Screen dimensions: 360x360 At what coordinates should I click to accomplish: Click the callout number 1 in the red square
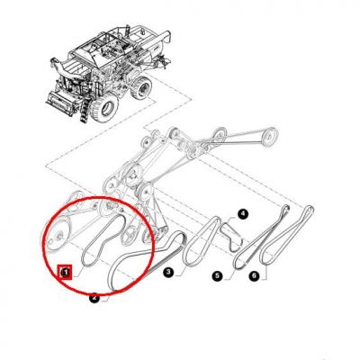pyautogui.click(x=65, y=273)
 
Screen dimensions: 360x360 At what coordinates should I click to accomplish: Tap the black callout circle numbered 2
pyautogui.click(x=94, y=298)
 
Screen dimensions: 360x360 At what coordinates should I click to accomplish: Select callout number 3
pyautogui.click(x=168, y=273)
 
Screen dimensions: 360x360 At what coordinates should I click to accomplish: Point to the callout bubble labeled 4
pyautogui.click(x=243, y=214)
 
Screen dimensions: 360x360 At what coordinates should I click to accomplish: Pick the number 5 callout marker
pyautogui.click(x=218, y=275)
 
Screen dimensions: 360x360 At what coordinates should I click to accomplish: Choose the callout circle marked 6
pyautogui.click(x=254, y=275)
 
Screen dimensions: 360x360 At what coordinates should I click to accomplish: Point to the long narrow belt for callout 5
pyautogui.click(x=260, y=237)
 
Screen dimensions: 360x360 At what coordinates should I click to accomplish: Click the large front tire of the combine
pyautogui.click(x=104, y=107)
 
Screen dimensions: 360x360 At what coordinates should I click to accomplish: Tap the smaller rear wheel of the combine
pyautogui.click(x=140, y=87)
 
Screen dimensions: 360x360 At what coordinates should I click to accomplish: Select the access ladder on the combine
pyautogui.click(x=84, y=112)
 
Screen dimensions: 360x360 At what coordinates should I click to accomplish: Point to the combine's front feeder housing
pyautogui.click(x=60, y=101)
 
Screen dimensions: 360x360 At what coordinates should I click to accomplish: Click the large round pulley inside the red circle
pyautogui.click(x=58, y=233)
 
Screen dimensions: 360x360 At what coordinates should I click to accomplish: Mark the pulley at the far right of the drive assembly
pyautogui.click(x=269, y=137)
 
